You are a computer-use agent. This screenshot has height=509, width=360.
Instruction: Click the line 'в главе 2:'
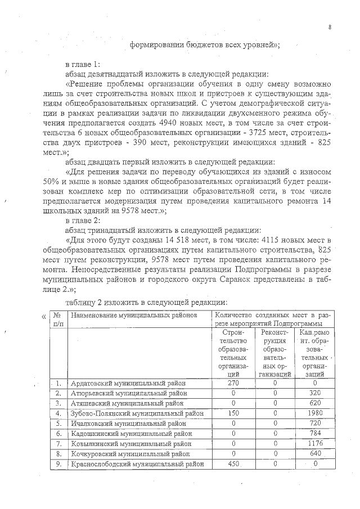pyautogui.click(x=83, y=220)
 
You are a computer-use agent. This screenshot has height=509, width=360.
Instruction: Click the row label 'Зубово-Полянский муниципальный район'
pyautogui.click(x=137, y=413)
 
